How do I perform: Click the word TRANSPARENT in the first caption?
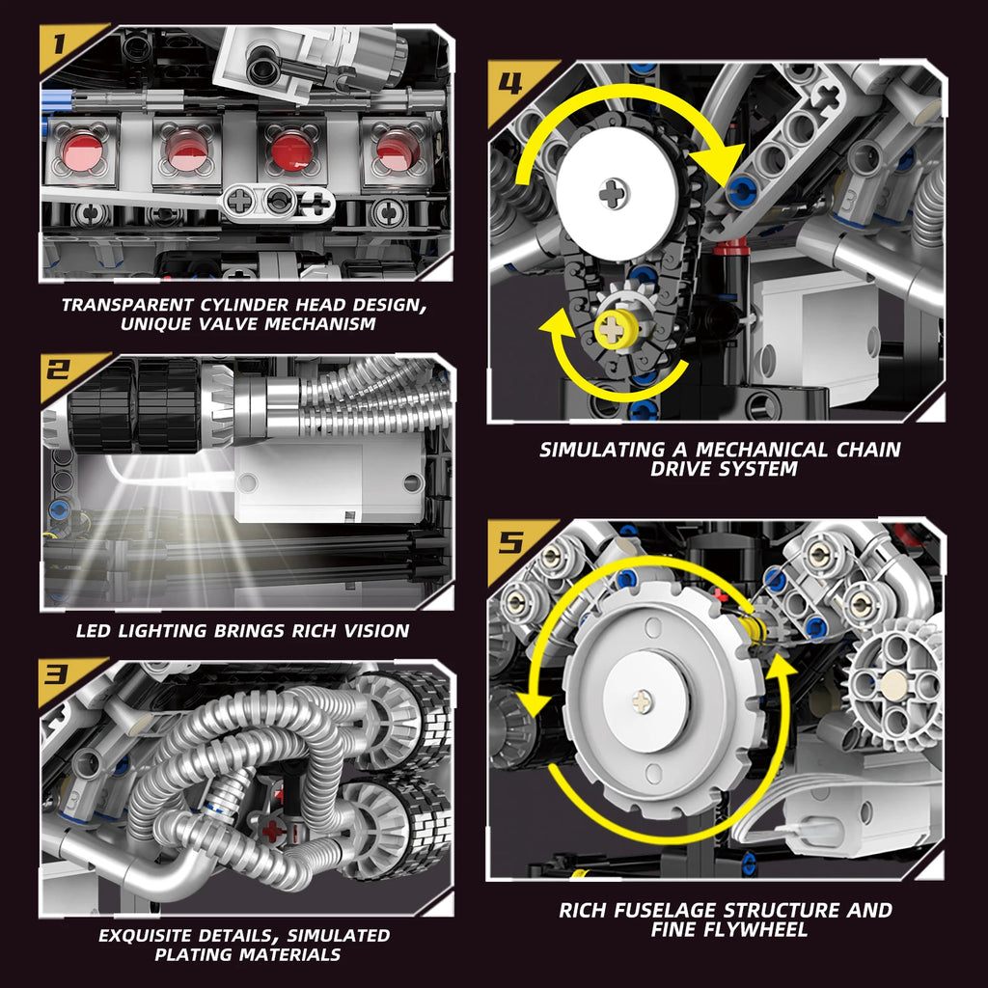tap(130, 305)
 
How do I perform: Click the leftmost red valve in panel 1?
tap(84, 149)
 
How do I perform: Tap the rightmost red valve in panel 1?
tap(394, 151)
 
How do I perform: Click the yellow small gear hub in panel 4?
tap(614, 329)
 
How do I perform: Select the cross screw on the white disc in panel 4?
tap(610, 194)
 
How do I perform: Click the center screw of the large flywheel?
tap(643, 701)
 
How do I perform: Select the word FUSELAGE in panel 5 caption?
tap(666, 910)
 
